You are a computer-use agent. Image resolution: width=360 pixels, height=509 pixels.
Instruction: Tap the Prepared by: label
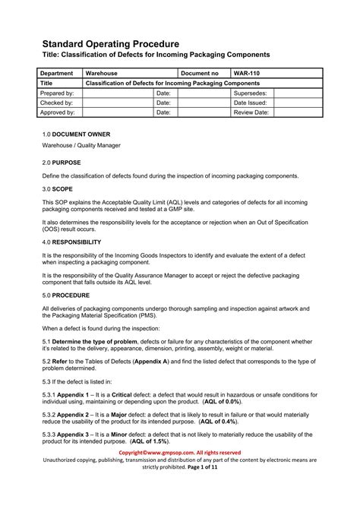(57, 92)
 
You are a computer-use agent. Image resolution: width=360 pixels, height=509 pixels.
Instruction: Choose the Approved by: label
(58, 112)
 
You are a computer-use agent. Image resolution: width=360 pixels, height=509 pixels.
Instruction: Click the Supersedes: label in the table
(251, 92)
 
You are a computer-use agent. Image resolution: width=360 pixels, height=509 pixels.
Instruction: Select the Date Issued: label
(251, 102)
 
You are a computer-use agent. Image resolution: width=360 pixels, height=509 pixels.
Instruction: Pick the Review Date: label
(252, 112)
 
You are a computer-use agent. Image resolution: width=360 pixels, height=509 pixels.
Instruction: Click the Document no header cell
(201, 72)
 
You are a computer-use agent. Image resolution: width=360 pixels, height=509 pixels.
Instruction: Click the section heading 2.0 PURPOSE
(62, 163)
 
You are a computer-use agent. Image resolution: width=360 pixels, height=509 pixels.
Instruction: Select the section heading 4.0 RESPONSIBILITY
(72, 242)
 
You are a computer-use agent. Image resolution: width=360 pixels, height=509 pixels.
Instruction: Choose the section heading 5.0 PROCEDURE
(66, 294)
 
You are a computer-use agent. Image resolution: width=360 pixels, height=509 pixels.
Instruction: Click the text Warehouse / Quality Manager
(81, 145)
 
